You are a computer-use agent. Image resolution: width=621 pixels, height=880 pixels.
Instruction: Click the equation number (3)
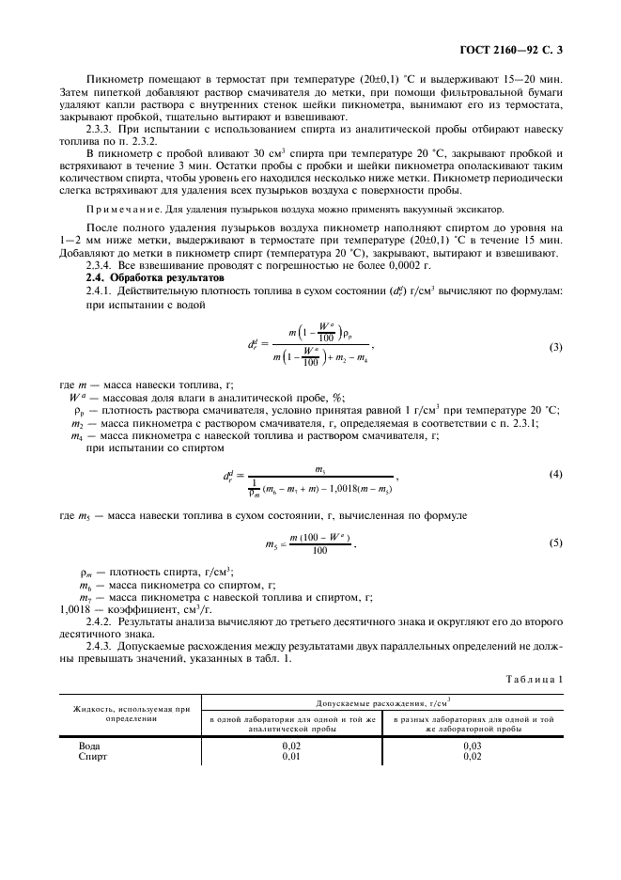[x=555, y=348]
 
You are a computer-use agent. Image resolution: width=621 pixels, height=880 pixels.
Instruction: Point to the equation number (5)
[x=555, y=543]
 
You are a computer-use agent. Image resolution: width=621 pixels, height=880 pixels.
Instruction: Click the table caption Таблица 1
[x=533, y=678]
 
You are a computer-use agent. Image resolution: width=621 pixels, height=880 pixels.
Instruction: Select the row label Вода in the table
[x=91, y=746]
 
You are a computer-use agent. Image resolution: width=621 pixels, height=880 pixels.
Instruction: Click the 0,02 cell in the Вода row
[x=291, y=746]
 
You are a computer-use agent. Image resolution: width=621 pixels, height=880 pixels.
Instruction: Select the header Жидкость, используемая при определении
[x=129, y=714]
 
